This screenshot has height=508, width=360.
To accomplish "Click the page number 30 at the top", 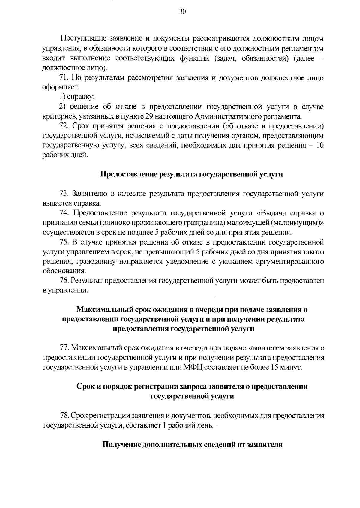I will point(183,12).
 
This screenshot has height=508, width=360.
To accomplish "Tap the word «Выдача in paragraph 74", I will point(272,213).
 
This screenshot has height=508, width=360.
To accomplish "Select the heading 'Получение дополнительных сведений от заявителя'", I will point(192,445).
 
